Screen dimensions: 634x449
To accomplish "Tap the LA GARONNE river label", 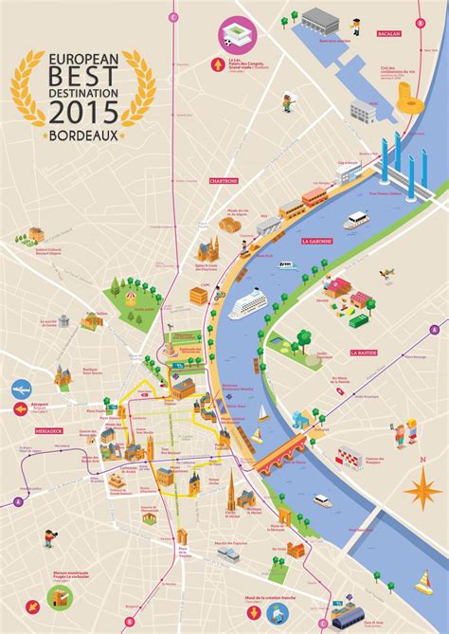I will point(317,242).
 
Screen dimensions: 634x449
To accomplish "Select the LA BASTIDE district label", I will point(364,353).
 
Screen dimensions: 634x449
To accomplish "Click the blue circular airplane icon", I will point(21,389).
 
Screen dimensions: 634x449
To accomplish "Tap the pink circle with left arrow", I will point(21,410).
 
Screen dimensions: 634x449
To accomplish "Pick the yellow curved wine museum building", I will point(405,96).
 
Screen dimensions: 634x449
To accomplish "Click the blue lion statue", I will point(301,420).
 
